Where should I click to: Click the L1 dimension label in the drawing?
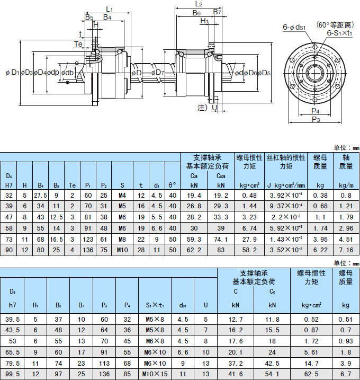pos(110,9)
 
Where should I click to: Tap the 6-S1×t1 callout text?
pos(340,33)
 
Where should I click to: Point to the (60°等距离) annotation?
pos(336,24)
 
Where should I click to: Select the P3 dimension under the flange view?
pos(316,120)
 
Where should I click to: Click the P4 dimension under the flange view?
pos(316,111)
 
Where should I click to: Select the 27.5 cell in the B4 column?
pos(40,195)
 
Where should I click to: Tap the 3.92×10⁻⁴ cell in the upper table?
pos(286,195)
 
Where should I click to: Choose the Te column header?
pos(71,185)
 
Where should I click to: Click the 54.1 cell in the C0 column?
pos(272,374)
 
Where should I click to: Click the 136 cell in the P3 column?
pos(104,374)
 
